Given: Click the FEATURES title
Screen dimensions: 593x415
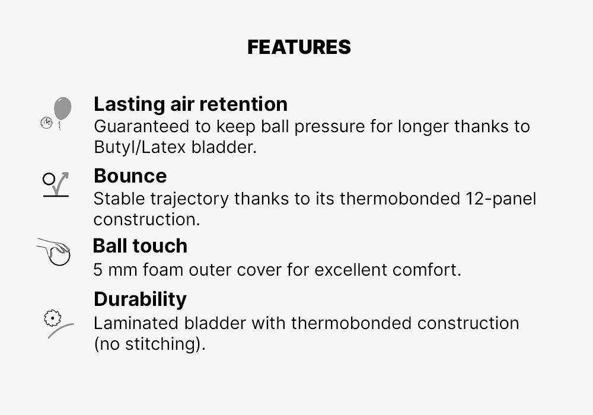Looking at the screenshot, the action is click(x=299, y=47).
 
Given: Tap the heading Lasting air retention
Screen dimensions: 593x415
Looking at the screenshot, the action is click(x=190, y=104).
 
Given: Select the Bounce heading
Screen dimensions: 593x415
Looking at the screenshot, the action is click(x=130, y=175).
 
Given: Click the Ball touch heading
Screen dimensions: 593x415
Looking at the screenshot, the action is click(x=140, y=245).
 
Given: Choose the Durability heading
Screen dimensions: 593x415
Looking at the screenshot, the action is click(x=141, y=299).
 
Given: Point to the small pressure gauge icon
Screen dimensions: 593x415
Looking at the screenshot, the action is click(x=46, y=123).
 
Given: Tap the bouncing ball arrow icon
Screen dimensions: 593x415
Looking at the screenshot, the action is click(x=56, y=185).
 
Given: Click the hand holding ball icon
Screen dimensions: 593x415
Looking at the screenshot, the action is click(x=54, y=252).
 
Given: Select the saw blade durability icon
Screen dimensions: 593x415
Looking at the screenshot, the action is click(x=53, y=318).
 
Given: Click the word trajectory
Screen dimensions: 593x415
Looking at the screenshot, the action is click(x=189, y=199).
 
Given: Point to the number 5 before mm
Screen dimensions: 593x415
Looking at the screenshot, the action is click(x=98, y=270).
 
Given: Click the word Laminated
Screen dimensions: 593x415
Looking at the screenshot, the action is click(x=136, y=324).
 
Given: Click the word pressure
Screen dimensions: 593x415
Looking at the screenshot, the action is click(x=329, y=127).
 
